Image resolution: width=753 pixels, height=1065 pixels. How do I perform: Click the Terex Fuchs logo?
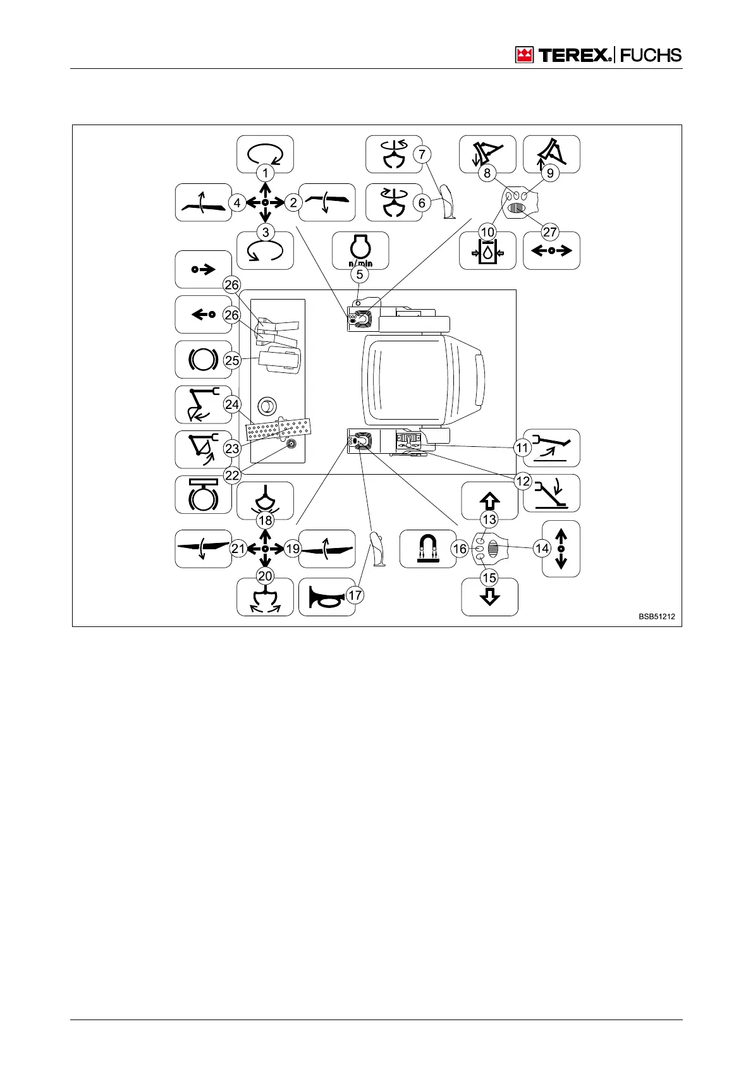598,55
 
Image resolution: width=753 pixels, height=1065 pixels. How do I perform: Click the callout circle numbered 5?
360,274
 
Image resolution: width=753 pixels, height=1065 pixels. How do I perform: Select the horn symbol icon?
326,597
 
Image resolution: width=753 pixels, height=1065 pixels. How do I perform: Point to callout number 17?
355,595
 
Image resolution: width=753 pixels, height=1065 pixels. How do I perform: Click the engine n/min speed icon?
360,248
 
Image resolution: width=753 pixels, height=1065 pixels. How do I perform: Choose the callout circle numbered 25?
232,360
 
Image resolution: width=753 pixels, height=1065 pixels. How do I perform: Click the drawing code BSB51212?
660,616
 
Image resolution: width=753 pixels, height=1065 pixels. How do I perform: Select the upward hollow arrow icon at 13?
489,501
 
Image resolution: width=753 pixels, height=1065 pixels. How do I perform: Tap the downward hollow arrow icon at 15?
489,597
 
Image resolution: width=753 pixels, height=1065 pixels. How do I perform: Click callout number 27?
550,232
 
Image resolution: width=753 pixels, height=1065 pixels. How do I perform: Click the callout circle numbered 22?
232,475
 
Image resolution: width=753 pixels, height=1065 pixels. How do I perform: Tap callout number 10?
487,232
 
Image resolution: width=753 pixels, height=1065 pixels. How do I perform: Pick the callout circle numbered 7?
422,154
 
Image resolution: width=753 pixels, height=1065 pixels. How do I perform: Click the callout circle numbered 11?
522,448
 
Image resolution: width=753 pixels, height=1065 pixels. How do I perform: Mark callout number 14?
542,549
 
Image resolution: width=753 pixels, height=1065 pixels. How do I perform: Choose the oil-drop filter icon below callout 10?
487,253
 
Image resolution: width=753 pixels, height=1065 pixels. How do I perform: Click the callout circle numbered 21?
238,549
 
